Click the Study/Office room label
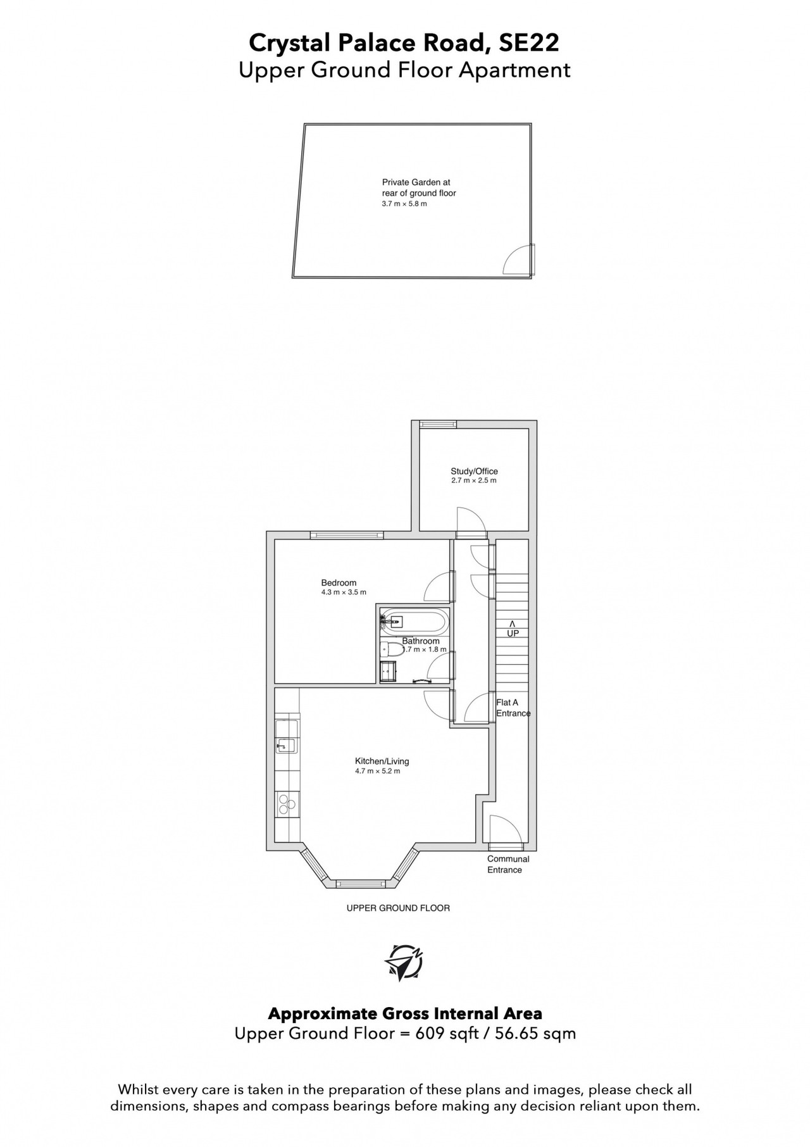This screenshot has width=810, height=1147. (x=474, y=471)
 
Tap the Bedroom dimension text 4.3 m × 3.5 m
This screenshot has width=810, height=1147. (x=344, y=592)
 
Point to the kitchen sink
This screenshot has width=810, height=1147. (x=286, y=746)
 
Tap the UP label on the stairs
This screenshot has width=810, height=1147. (x=513, y=633)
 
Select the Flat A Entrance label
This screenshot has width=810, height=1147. (x=513, y=708)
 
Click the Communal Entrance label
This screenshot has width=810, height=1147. (x=508, y=864)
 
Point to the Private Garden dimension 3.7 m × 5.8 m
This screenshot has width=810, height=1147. (x=404, y=204)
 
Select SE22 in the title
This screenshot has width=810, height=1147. (x=528, y=43)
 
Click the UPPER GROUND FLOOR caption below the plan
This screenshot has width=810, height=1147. (x=398, y=908)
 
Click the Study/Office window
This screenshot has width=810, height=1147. (x=433, y=424)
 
